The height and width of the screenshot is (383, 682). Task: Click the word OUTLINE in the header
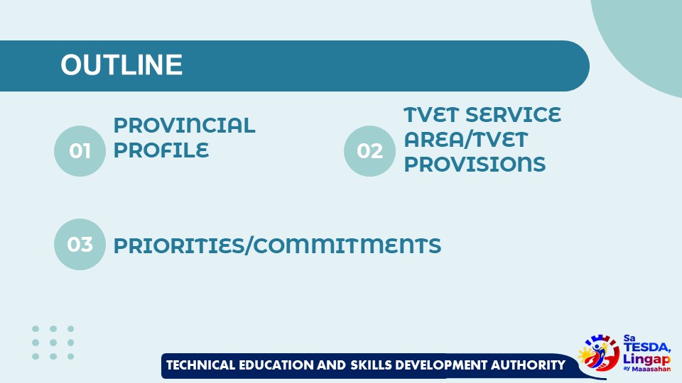pyautogui.click(x=121, y=65)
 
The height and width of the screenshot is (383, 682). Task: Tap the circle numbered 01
pyautogui.click(x=80, y=150)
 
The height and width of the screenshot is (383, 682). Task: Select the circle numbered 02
pyautogui.click(x=369, y=150)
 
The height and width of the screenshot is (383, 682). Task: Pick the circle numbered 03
pyautogui.click(x=80, y=244)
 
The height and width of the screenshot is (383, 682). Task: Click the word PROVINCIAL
pyautogui.click(x=184, y=126)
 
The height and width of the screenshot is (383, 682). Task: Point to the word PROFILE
pyautogui.click(x=161, y=150)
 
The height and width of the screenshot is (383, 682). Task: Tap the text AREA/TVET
pyautogui.click(x=465, y=139)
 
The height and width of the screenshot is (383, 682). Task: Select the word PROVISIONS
pyautogui.click(x=475, y=164)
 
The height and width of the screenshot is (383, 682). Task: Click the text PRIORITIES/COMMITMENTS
pyautogui.click(x=277, y=245)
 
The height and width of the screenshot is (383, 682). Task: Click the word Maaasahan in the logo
pyautogui.click(x=651, y=369)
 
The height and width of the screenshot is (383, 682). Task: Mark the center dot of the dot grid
pyautogui.click(x=53, y=342)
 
